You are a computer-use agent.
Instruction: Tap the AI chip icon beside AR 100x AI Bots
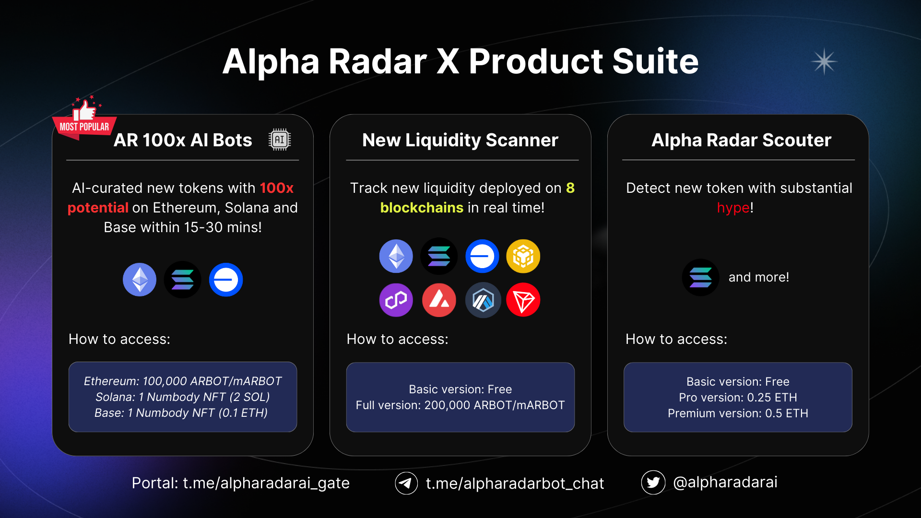tap(280, 140)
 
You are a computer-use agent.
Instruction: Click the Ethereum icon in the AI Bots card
tap(140, 280)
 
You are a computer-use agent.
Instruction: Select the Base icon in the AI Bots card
tap(226, 280)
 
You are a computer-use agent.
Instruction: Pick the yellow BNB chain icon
tap(523, 256)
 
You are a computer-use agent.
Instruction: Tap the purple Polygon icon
tap(396, 300)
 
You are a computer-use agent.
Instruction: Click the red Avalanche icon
tap(439, 300)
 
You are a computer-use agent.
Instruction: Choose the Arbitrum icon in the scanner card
tap(483, 300)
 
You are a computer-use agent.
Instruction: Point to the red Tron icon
tap(523, 300)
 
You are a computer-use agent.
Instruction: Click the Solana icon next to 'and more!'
tap(701, 277)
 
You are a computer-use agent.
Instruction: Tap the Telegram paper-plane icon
tap(406, 483)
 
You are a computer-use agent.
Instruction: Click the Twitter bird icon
tap(653, 482)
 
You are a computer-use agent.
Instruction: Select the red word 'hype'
tap(733, 208)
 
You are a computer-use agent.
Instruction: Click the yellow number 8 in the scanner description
tap(570, 188)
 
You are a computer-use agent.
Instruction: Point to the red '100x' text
tap(277, 188)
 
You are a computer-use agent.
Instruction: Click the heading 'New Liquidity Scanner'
tap(460, 140)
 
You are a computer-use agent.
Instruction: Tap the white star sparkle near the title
tap(824, 61)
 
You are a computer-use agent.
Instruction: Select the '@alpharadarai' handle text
tap(725, 482)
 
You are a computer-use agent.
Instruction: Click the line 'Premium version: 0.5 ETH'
tap(738, 413)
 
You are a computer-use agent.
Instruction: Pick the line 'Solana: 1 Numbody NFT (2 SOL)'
tap(183, 397)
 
